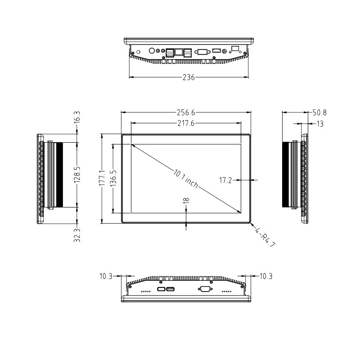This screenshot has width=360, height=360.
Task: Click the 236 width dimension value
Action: coord(189,77)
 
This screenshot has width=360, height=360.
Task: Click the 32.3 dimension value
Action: coord(77,235)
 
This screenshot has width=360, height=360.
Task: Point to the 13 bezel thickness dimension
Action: coord(320,124)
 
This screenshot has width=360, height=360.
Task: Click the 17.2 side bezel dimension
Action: coord(225,180)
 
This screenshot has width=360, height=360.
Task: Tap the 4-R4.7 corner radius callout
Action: coord(265,237)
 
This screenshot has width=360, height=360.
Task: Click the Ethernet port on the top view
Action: coord(179,52)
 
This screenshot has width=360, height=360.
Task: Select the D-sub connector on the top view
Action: coord(202,51)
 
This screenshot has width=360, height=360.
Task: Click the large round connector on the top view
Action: coord(152,51)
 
